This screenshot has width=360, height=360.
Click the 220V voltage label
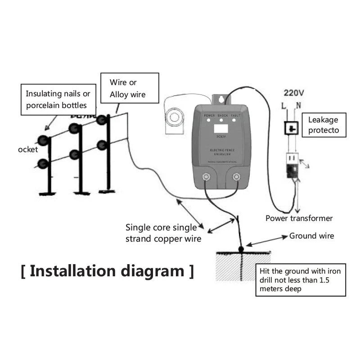point(294,93)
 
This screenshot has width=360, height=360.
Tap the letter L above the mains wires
point(284,106)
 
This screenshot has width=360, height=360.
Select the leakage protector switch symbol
point(292,129)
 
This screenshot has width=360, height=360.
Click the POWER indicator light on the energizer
point(209,121)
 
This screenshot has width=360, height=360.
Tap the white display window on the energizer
point(220,130)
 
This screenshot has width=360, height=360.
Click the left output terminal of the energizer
point(206,177)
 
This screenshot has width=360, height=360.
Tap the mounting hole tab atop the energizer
point(220,99)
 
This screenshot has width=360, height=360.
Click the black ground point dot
point(241,248)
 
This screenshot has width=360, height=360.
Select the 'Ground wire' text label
point(311,236)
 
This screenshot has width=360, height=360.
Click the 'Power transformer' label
point(299,218)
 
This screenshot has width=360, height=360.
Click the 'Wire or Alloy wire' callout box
point(130,89)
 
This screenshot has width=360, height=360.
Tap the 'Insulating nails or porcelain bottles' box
point(58,99)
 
